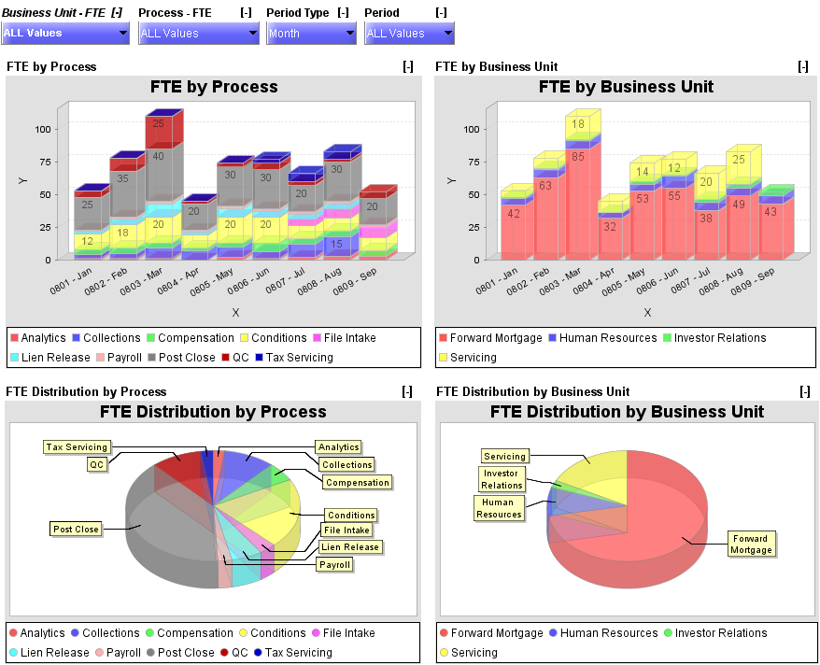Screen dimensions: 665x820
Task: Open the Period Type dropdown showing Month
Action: [311, 34]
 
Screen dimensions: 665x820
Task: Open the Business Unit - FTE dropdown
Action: [64, 34]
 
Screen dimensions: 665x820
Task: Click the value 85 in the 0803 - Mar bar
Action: [577, 156]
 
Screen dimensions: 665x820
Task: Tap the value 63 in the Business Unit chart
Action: [545, 186]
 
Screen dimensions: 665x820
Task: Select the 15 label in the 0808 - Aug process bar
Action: [336, 244]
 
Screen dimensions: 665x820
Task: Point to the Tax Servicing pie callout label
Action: [77, 447]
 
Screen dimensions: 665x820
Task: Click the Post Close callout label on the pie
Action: [76, 529]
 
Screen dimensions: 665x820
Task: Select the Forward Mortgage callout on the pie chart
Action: [751, 544]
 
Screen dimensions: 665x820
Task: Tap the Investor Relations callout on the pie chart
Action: [502, 479]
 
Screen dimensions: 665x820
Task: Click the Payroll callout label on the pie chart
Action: [334, 564]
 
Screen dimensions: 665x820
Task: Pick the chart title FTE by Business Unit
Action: [626, 87]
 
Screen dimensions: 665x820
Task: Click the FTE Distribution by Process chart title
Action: [213, 412]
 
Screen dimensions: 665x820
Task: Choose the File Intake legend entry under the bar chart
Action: [348, 338]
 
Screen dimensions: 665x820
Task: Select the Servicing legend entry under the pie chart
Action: [474, 653]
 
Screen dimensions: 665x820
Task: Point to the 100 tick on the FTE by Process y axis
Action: [42, 129]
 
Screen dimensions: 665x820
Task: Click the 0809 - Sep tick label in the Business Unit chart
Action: [753, 279]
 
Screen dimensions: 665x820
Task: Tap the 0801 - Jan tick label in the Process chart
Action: [66, 279]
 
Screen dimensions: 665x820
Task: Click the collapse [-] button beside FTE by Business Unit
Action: [803, 66]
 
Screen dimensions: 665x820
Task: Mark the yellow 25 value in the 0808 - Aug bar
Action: [739, 160]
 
